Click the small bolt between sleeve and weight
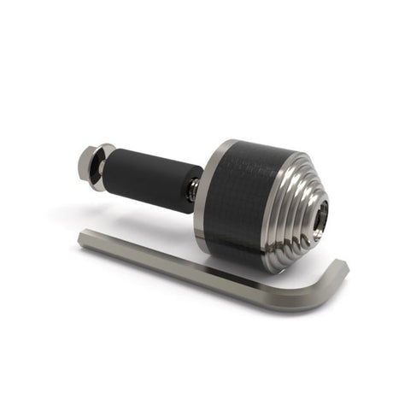194,189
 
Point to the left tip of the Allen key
82,241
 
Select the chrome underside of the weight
256,256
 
